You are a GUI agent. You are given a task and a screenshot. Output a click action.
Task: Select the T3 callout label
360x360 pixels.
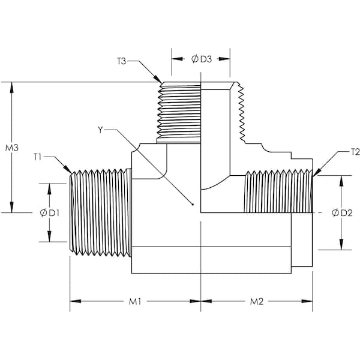[x=122, y=61]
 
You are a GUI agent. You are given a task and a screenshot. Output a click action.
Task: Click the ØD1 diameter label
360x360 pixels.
[x=49, y=213]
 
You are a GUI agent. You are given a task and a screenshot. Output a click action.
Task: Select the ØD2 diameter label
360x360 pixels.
[x=341, y=213]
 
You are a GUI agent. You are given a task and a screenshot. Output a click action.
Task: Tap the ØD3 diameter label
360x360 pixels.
[x=202, y=59]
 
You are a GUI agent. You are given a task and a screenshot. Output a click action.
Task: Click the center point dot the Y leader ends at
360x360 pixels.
[x=193, y=205]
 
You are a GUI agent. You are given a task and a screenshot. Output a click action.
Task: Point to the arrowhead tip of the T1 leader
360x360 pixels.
[x=71, y=174]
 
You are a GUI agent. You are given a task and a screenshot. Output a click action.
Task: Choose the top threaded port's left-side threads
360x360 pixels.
[x=178, y=111]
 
